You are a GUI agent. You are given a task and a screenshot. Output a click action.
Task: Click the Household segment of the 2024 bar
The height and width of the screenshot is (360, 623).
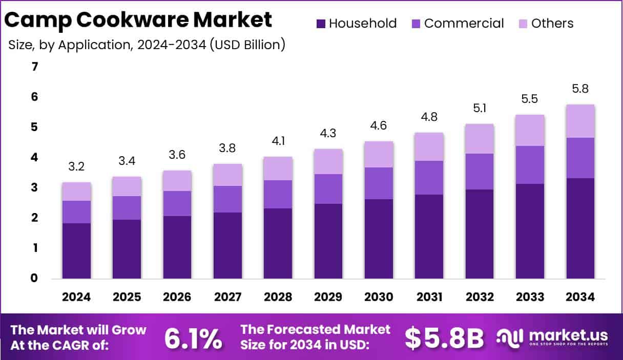[x=76, y=251]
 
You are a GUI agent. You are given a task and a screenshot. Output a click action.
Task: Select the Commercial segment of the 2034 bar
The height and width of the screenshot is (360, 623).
[x=580, y=158]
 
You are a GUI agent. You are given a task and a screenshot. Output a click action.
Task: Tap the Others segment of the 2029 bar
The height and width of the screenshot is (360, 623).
[x=328, y=161]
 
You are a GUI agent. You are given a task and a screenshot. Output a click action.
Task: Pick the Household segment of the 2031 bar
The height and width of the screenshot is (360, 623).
[x=429, y=237]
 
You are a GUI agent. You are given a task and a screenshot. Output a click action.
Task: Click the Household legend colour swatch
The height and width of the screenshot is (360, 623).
[x=321, y=24]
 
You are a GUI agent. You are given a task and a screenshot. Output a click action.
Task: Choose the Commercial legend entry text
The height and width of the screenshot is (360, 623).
[x=464, y=24]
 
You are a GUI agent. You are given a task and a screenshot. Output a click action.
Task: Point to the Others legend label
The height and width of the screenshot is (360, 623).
[x=552, y=24]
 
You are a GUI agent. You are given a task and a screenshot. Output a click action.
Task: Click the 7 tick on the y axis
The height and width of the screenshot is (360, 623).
[x=34, y=67]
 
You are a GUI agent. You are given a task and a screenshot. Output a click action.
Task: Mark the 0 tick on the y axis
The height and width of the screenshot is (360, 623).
[x=34, y=278]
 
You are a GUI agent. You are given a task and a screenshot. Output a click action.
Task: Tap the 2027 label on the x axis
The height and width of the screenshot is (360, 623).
[x=227, y=297]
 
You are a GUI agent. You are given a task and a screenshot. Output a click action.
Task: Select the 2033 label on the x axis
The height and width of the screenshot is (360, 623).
[x=530, y=297]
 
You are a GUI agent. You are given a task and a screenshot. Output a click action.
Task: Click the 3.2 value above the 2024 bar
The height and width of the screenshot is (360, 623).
[x=76, y=167]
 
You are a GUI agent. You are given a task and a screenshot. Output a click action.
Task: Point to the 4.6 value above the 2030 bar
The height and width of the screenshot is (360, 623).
[x=379, y=125]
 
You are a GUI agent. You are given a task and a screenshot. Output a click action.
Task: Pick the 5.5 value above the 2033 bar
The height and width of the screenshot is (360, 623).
[x=530, y=99]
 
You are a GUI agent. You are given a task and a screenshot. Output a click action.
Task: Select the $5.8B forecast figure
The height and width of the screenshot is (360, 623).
[x=444, y=337]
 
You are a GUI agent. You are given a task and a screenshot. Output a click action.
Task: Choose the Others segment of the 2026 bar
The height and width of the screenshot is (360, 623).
[x=177, y=181]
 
